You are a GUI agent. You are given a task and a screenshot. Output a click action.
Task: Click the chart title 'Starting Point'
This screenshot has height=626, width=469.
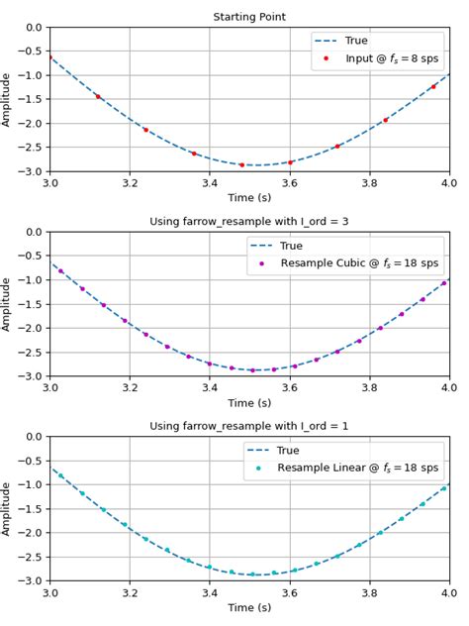(249, 17)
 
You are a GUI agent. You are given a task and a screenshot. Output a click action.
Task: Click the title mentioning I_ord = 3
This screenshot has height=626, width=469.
(249, 221)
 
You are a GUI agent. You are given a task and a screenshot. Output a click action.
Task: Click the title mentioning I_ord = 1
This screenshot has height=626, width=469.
(249, 426)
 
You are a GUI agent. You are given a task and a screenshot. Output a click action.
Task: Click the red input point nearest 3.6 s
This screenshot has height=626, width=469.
(290, 162)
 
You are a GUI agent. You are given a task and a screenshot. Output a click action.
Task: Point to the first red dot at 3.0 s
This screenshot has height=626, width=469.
(50, 57)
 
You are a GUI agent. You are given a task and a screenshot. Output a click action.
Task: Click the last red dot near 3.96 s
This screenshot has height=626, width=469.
(433, 87)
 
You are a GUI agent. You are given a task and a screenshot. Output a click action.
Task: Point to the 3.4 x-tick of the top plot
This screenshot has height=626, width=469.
(210, 183)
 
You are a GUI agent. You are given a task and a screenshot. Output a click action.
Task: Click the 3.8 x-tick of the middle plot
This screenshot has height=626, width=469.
(369, 387)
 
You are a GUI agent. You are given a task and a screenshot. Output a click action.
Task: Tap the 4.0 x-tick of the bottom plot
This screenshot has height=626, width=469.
(448, 592)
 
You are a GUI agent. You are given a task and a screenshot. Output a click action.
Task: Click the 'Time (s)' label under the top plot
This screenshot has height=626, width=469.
(249, 198)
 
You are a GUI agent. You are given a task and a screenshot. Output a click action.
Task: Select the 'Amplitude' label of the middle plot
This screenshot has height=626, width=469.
(9, 304)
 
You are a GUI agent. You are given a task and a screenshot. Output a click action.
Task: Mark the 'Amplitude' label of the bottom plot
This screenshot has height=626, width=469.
(9, 509)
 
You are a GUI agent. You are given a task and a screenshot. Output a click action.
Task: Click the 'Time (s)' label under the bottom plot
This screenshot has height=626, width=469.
(249, 607)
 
